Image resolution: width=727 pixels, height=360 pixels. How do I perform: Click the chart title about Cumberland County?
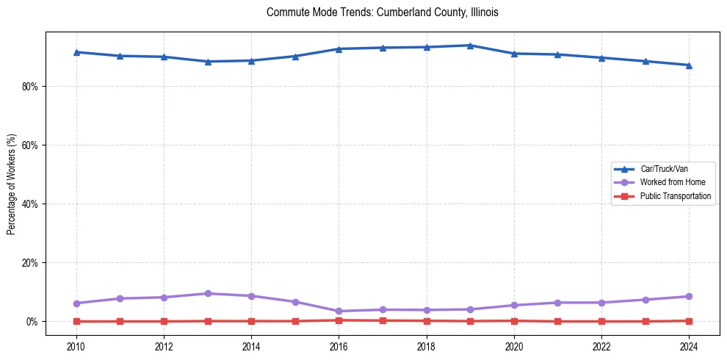pos(383,12)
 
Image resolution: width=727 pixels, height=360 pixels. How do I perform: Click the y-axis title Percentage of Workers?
pos(11,184)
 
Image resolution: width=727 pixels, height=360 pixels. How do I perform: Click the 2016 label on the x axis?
pos(339,346)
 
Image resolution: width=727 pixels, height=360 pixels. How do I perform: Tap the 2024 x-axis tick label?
pos(689,346)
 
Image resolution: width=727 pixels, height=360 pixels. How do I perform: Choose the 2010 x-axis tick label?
pos(76,346)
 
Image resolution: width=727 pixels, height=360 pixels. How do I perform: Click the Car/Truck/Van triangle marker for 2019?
pos(470,46)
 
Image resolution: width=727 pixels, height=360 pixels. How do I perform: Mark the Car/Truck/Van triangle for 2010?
pos(76,52)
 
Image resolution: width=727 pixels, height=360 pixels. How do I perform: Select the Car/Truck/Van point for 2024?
pos(689,65)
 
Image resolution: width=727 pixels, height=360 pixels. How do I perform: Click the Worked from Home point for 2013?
pos(207,294)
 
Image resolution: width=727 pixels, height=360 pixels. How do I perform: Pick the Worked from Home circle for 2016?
pos(339,312)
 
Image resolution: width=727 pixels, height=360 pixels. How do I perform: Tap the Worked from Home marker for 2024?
pos(689,297)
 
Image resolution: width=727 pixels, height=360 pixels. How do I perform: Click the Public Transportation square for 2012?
pos(163,321)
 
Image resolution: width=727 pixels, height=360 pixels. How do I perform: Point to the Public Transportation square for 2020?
pos(514,320)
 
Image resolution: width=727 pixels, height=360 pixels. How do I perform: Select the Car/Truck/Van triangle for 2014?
pos(251,61)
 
